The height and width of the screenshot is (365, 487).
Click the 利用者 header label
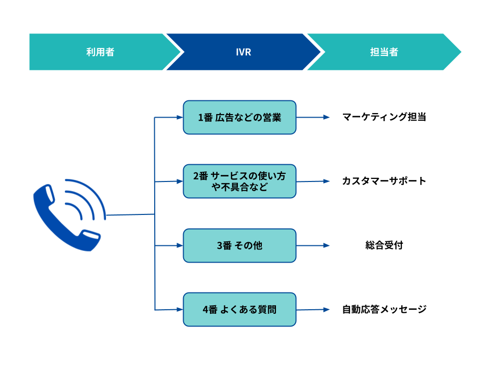pyautogui.click(x=100, y=52)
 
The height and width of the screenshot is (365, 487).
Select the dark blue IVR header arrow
pyautogui.click(x=243, y=52)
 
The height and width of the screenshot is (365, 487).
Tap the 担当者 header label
pyautogui.click(x=384, y=52)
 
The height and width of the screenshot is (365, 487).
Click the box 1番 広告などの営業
pyautogui.click(x=239, y=117)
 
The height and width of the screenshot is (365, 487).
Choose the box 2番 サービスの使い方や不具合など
pyautogui.click(x=239, y=181)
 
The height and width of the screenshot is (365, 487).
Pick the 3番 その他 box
pyautogui.click(x=239, y=245)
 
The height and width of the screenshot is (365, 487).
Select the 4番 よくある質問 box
pyautogui.click(x=239, y=309)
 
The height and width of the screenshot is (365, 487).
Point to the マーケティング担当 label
pyautogui.click(x=384, y=117)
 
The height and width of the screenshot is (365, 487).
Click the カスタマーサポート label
pyautogui.click(x=384, y=181)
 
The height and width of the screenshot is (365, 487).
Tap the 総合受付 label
pyautogui.click(x=384, y=245)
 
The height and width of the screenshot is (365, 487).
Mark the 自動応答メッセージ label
pyautogui.click(x=384, y=309)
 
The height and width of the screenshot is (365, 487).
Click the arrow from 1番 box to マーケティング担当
pyautogui.click(x=313, y=117)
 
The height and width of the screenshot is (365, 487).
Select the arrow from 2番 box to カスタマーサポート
pyautogui.click(x=313, y=181)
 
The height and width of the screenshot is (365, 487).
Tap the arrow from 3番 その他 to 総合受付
pyautogui.click(x=313, y=245)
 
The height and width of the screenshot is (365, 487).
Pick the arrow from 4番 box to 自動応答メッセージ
pyautogui.click(x=313, y=309)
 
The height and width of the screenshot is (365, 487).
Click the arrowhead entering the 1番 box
pyautogui.click(x=180, y=117)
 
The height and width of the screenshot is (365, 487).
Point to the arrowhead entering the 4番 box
pyautogui.click(x=180, y=309)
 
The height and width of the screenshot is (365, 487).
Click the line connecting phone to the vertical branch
pyautogui.click(x=130, y=214)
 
